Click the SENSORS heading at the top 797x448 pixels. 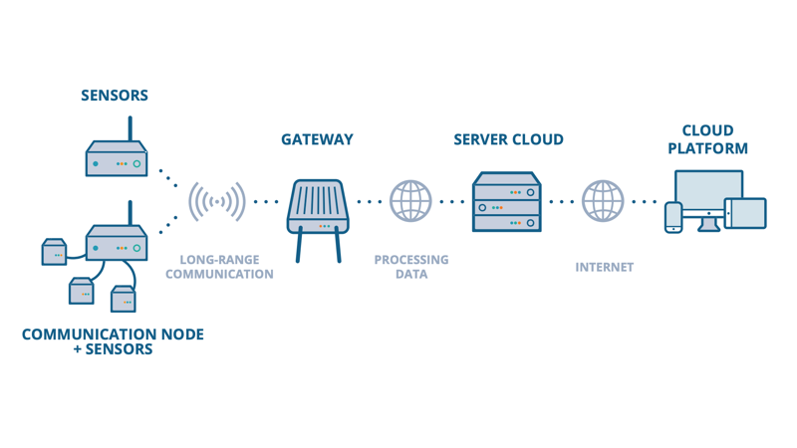pyautogui.click(x=115, y=96)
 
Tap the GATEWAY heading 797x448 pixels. pyautogui.click(x=317, y=139)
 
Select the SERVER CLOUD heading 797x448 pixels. pyautogui.click(x=508, y=139)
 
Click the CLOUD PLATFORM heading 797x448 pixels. pyautogui.click(x=707, y=139)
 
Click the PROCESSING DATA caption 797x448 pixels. pyautogui.click(x=411, y=267)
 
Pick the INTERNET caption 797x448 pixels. pyautogui.click(x=604, y=267)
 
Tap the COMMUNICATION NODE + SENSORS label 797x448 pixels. pyautogui.click(x=113, y=341)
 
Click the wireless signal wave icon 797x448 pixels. pyautogui.click(x=217, y=202)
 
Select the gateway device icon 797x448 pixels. pyautogui.click(x=317, y=207)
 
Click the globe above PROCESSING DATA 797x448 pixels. pyautogui.click(x=411, y=201)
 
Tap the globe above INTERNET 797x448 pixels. pyautogui.click(x=603, y=201)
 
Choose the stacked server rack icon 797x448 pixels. pyautogui.click(x=508, y=202)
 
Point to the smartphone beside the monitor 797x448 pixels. pyautogui.click(x=674, y=217)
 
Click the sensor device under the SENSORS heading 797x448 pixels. pyautogui.click(x=117, y=159)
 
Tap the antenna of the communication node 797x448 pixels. pyautogui.click(x=131, y=212)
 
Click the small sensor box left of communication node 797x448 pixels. pyautogui.click(x=55, y=253)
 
